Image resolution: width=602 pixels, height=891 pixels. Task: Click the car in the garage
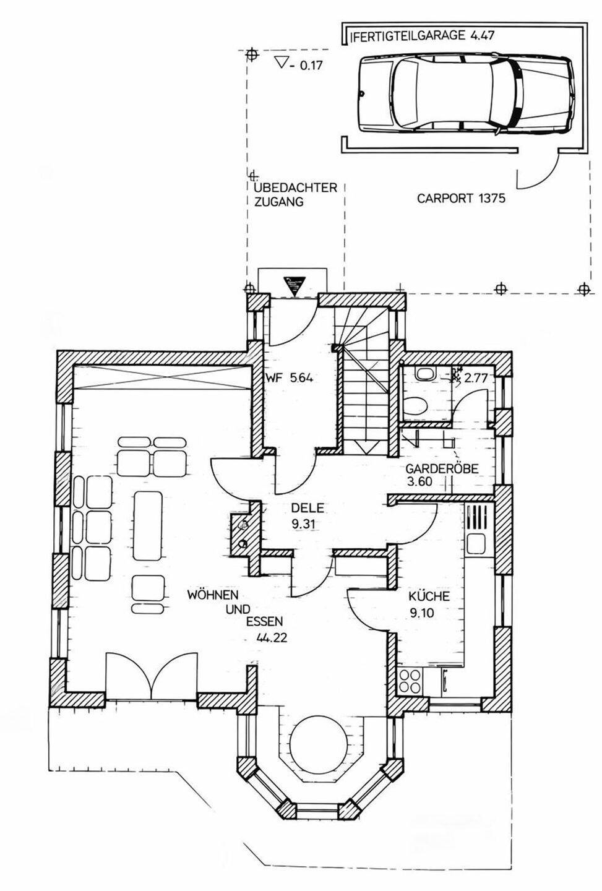click(464, 93)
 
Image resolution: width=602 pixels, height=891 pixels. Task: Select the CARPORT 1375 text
click(461, 199)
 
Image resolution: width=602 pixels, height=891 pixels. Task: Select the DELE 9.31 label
click(308, 516)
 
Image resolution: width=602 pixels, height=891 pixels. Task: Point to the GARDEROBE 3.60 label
click(441, 475)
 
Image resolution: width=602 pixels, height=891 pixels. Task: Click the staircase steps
click(365, 384)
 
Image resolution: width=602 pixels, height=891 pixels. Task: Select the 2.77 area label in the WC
click(476, 378)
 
